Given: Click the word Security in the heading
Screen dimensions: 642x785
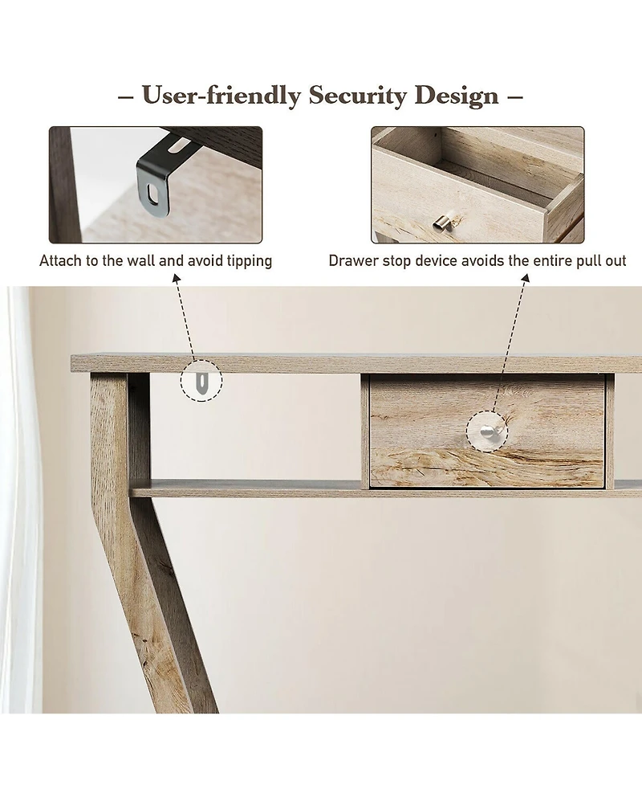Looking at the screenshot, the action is coord(357,96).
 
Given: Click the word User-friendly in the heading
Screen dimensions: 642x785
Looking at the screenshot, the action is coord(221,95).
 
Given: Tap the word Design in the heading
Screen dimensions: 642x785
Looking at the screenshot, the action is coord(457,95).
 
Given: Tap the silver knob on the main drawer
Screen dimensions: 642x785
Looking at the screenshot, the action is coord(487,431).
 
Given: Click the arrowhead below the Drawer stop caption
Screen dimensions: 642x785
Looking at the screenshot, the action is coord(526,277).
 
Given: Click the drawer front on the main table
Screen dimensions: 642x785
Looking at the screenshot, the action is coord(486,431).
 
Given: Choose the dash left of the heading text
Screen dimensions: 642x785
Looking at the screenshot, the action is coord(126,96).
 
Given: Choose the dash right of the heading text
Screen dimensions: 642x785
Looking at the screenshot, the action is coord(515,96).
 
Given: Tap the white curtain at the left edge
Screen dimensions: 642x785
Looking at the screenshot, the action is coord(20,500).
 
